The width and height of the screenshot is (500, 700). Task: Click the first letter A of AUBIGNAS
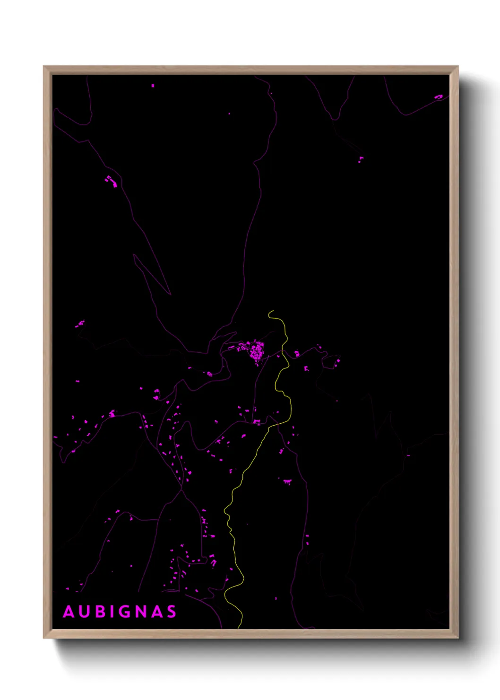[69, 612]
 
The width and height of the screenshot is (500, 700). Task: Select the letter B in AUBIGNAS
[101, 612]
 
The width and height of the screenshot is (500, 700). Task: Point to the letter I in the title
[113, 612]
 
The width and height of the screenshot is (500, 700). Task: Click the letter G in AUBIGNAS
[126, 612]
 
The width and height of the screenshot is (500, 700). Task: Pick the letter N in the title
[142, 612]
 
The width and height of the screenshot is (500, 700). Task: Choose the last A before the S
[158, 612]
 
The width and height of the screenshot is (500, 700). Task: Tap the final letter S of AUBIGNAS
[172, 612]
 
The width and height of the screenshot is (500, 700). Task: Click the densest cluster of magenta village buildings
[257, 351]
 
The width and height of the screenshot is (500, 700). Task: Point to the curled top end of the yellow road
[270, 312]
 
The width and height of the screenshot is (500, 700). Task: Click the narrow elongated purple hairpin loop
[151, 274]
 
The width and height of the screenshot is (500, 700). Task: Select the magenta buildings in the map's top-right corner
[439, 97]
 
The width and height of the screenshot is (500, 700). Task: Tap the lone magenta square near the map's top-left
[153, 86]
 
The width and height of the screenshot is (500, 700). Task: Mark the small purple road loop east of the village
[330, 362]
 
